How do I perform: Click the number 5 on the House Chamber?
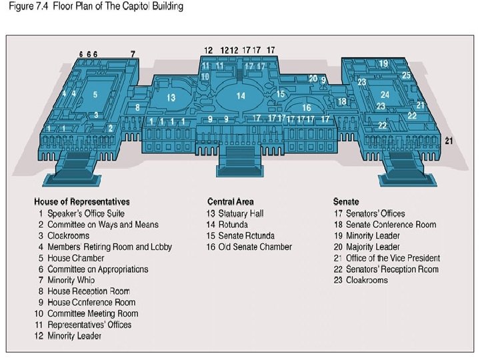pos(96,95)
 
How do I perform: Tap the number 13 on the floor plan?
pos(171,98)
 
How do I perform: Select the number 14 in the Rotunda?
pos(241,96)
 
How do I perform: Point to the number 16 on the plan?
pos(307,107)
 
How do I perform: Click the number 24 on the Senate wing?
pos(385,95)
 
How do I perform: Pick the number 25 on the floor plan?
pos(406,76)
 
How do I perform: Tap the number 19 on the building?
pos(383,63)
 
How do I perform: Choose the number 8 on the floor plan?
pos(138,107)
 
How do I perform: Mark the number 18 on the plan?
pos(342,101)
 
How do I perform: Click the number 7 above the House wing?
pos(133,54)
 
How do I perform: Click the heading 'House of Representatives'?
pos(82,201)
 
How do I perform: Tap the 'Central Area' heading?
pos(230,201)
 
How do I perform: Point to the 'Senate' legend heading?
pos(346,201)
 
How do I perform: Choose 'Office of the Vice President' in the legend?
pos(393,258)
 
